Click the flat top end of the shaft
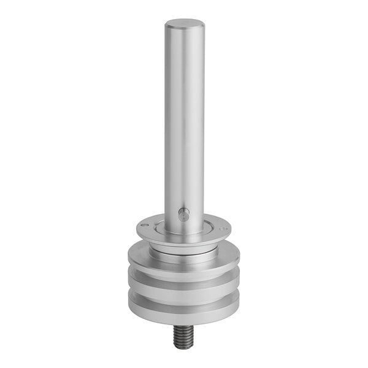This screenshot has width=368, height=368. click(184, 25)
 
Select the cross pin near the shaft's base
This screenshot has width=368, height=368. click(183, 214)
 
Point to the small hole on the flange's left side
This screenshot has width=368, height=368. click(143, 226)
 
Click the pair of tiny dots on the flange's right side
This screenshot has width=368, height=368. click(225, 228)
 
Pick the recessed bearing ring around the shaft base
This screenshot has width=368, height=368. click(184, 233)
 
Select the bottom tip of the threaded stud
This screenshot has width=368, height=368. click(182, 347)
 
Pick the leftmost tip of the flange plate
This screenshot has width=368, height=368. click(137, 229)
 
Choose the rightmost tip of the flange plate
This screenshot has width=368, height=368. click(231, 230)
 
